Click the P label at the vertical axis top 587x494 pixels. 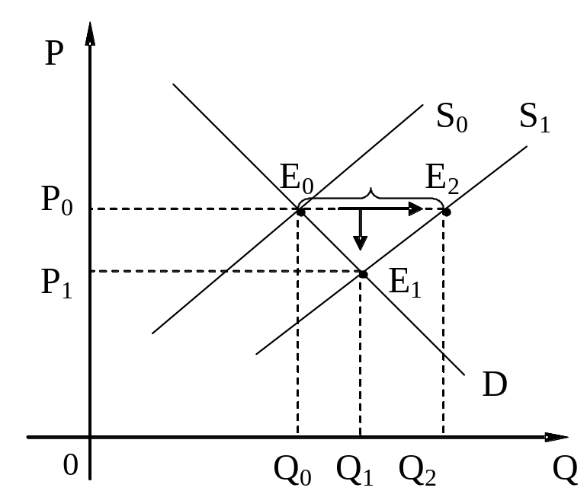click(53, 56)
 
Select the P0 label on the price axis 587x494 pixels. click(56, 202)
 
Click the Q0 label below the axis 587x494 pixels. click(293, 470)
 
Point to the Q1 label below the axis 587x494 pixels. click(355, 470)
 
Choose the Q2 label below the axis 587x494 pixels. click(418, 470)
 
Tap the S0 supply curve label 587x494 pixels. click(452, 117)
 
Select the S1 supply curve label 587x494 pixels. click(534, 117)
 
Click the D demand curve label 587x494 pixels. click(496, 385)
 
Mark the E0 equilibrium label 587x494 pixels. click(297, 181)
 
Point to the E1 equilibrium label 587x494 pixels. click(405, 283)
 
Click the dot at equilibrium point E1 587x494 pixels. click(364, 274)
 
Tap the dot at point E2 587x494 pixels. click(447, 212)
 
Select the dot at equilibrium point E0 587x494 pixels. click(300, 212)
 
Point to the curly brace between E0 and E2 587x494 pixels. click(371, 195)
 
